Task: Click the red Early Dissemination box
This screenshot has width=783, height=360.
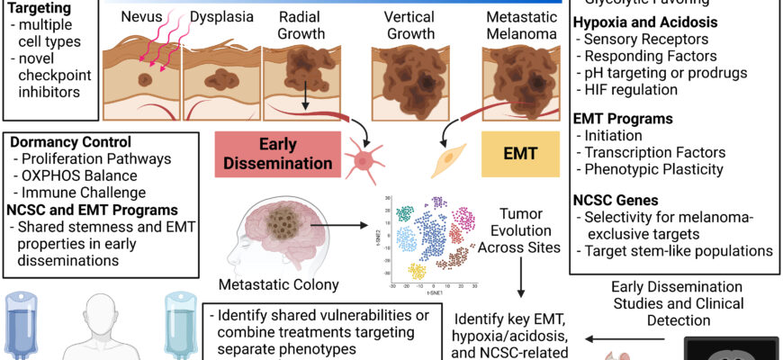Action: [x=277, y=154]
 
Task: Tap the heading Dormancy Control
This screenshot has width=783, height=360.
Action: [x=68, y=142]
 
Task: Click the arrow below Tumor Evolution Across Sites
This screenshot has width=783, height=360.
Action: [x=521, y=278]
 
